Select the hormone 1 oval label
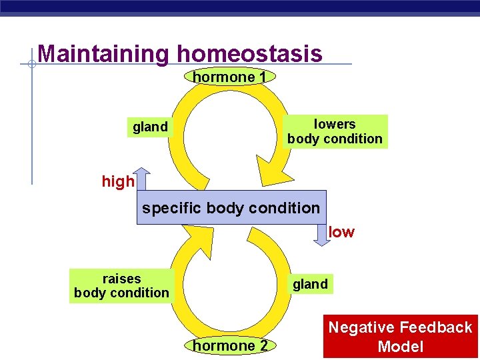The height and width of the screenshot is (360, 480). [x=229, y=77]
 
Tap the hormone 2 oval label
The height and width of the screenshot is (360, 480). [x=230, y=345]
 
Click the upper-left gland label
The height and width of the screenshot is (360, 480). [x=150, y=127]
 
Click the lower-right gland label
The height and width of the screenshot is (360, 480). [x=310, y=284]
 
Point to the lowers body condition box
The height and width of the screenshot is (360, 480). [x=335, y=131]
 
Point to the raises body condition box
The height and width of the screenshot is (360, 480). [x=121, y=285]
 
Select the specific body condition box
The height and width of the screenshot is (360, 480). [x=231, y=208]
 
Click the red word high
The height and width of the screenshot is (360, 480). [x=117, y=181]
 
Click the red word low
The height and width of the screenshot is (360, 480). [x=342, y=232]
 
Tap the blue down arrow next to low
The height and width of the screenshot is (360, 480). [x=322, y=235]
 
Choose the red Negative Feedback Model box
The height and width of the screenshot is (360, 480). [x=401, y=337]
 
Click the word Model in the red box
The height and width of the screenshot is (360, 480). [x=401, y=347]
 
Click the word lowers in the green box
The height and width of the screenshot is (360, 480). [x=335, y=124]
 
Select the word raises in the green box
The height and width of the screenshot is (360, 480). [x=121, y=278]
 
